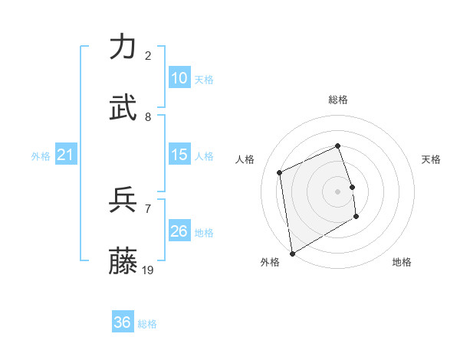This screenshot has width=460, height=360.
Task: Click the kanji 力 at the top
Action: pyautogui.click(x=123, y=47)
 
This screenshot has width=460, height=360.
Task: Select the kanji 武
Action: pyautogui.click(x=123, y=108)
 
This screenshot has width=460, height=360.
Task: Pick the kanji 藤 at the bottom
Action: pyautogui.click(x=123, y=260)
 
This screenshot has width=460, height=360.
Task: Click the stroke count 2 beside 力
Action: pyautogui.click(x=148, y=56)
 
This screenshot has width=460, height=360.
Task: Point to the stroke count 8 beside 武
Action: pyautogui.click(x=148, y=117)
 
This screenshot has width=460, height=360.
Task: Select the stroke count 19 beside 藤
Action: pyautogui.click(x=148, y=270)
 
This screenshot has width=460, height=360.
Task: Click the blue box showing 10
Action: pyautogui.click(x=179, y=78)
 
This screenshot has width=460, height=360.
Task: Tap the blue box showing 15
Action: pyautogui.click(x=179, y=155)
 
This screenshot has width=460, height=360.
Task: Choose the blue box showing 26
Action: pyautogui.click(x=179, y=231)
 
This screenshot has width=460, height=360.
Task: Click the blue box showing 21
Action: pyautogui.click(x=65, y=155)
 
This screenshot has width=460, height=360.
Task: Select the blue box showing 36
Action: pyautogui.click(x=122, y=322)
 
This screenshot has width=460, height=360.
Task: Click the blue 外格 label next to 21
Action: pyautogui.click(x=41, y=156)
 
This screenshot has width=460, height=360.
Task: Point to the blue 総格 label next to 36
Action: pyautogui.click(x=147, y=324)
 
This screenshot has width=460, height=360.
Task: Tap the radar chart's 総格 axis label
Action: pyautogui.click(x=338, y=100)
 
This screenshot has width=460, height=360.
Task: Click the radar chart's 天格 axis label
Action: pyautogui.click(x=432, y=159)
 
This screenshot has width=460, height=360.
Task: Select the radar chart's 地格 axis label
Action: pyautogui.click(x=402, y=262)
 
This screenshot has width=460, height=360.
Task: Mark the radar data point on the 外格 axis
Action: pyautogui.click(x=292, y=253)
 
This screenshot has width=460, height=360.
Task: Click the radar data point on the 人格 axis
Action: pyautogui.click(x=280, y=172)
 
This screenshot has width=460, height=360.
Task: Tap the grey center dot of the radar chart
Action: pyautogui.click(x=338, y=191)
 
